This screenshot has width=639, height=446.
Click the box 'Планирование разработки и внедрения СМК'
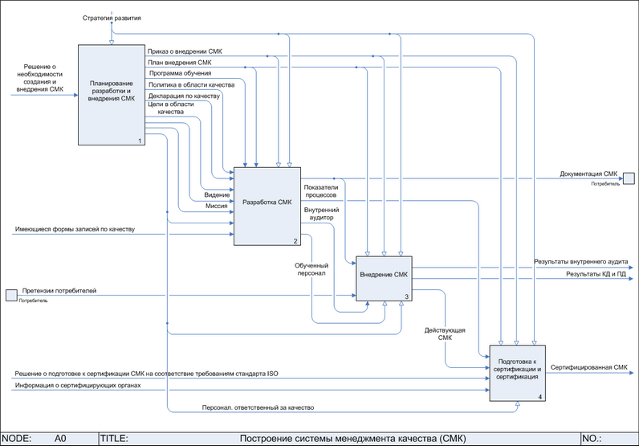click(x=111, y=95)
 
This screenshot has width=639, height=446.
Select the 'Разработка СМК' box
click(x=267, y=205)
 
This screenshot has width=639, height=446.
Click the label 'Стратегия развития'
click(x=112, y=17)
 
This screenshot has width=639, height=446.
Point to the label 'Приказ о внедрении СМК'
click(x=185, y=51)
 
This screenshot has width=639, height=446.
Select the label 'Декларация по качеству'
click(x=184, y=96)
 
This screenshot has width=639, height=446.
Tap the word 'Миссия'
click(x=216, y=206)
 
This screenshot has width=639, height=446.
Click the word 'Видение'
click(x=217, y=194)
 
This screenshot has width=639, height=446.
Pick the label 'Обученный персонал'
click(x=311, y=268)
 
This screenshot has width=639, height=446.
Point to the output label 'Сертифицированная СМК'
click(x=589, y=367)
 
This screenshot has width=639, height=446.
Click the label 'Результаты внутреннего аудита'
click(x=581, y=263)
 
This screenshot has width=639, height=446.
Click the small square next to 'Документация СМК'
click(x=629, y=178)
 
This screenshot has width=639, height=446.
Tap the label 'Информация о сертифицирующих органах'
click(x=78, y=386)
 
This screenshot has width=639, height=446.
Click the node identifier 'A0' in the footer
click(x=60, y=439)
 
